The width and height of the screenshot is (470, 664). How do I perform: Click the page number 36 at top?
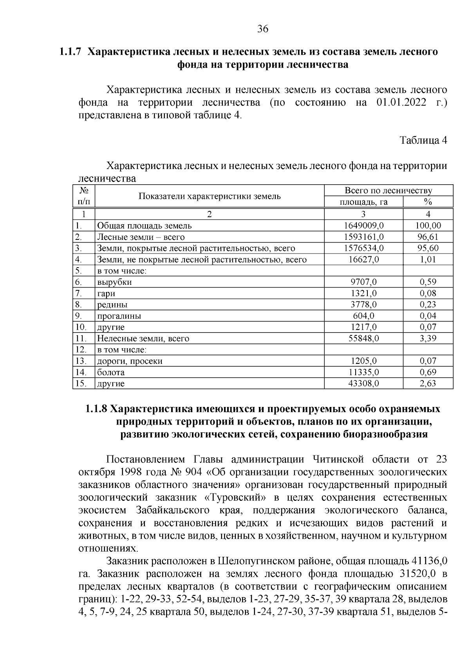262,29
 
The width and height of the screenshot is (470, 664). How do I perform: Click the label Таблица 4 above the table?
423,140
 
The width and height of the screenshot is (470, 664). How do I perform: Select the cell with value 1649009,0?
363,226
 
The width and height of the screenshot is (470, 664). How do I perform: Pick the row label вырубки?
114,282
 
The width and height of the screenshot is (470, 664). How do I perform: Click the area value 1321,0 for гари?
363,293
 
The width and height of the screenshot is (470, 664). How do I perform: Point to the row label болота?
111,372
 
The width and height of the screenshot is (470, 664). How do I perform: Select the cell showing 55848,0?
363,338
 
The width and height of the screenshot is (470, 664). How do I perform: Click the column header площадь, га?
363,202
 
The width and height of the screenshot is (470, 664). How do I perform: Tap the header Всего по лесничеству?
388,191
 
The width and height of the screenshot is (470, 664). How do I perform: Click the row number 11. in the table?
80,338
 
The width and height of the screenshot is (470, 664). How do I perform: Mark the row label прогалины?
119,316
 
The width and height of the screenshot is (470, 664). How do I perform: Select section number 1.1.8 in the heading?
96,409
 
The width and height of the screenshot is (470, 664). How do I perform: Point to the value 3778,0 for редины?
363,305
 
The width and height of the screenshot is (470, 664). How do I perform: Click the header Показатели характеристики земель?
210,196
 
